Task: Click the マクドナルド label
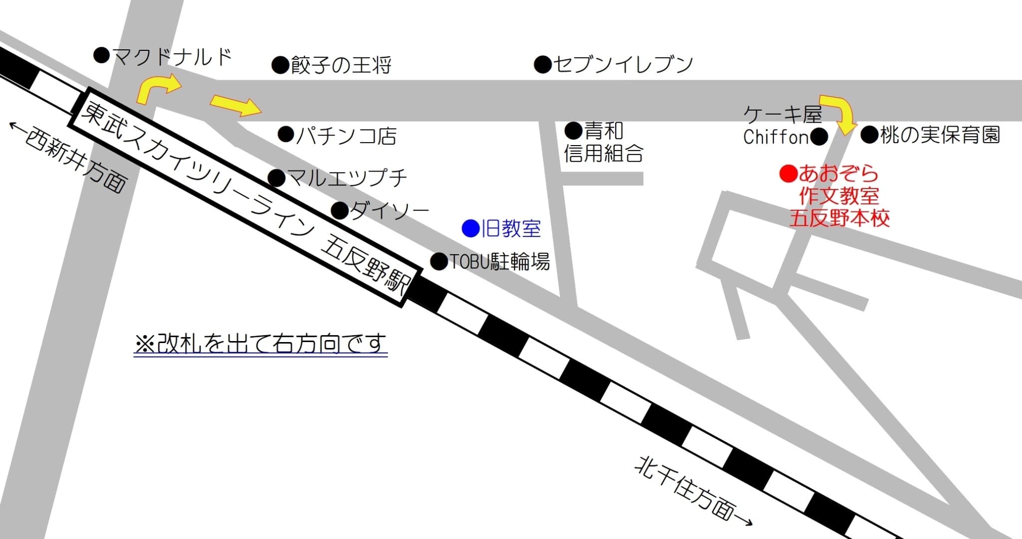coord(172,57)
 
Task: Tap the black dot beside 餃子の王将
coord(280,65)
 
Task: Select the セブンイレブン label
coord(623,64)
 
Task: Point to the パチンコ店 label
coord(346,136)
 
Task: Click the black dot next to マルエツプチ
coord(276,178)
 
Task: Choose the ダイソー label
coord(389,210)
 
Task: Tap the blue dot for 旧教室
coord(470,228)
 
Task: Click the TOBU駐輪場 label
coord(500,261)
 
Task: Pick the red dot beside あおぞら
coord(788,174)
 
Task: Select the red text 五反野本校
coord(839,218)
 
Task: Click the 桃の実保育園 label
coord(940,135)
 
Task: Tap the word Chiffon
coord(775,137)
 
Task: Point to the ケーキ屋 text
coord(782,115)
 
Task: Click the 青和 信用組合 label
coord(603,143)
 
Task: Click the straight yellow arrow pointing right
coord(236,105)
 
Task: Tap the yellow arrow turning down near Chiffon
coord(839,114)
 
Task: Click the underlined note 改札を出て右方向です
coord(260,344)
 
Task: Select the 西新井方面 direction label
coord(70,157)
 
